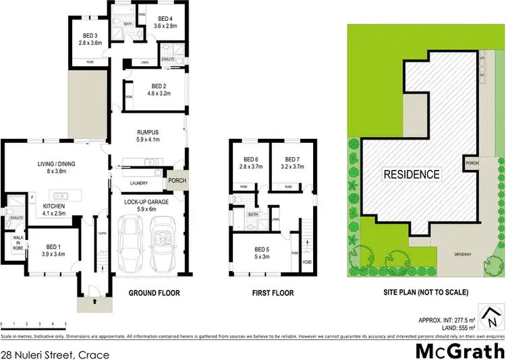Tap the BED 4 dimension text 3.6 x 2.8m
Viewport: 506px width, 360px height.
click(x=165, y=26)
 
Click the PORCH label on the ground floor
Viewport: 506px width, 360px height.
click(x=176, y=180)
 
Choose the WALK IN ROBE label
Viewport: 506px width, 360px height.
click(x=16, y=244)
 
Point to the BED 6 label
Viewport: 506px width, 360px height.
click(x=250, y=159)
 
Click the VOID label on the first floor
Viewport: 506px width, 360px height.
click(x=307, y=262)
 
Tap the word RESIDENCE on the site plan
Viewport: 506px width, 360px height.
click(x=412, y=174)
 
